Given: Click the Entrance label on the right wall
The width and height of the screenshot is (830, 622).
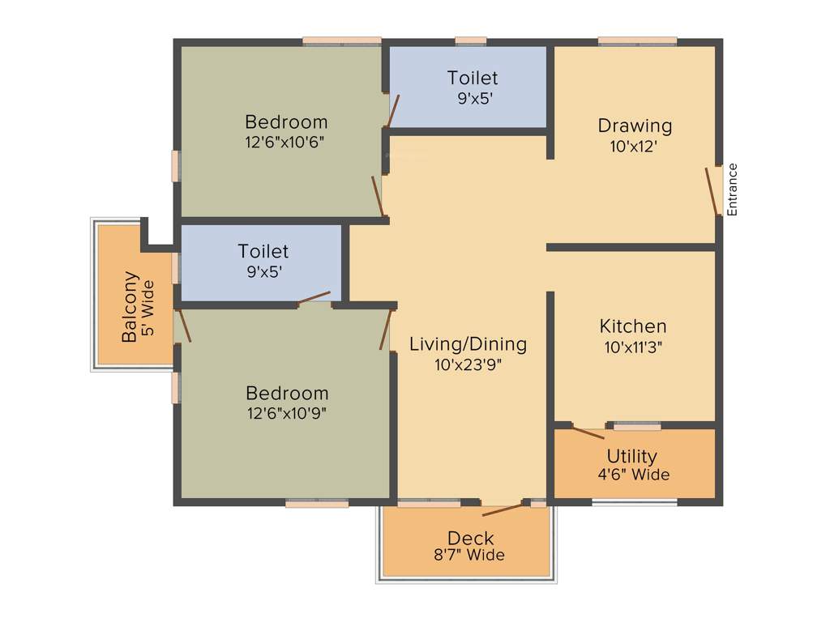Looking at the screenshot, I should (x=733, y=189).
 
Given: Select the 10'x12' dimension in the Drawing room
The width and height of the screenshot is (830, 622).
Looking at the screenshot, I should (x=633, y=147).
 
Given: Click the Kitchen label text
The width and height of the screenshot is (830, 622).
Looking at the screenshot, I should (x=633, y=326).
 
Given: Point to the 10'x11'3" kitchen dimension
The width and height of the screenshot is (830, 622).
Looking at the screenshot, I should (x=633, y=347).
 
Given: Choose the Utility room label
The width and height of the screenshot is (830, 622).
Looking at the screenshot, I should (x=631, y=456).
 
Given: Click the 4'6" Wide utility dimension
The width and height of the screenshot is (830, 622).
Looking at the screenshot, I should (x=633, y=475).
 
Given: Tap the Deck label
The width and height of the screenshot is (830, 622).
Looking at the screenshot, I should (x=470, y=538).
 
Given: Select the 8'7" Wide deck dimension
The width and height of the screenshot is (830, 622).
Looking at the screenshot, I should (x=469, y=556).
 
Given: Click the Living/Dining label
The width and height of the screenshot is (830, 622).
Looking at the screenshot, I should (x=468, y=343).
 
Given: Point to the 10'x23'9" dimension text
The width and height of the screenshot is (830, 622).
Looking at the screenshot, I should (x=468, y=364).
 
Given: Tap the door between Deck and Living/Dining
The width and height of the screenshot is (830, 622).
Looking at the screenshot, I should (x=503, y=509).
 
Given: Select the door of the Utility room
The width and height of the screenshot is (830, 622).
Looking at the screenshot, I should (x=588, y=432).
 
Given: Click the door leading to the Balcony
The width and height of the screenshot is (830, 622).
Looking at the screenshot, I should (x=184, y=325).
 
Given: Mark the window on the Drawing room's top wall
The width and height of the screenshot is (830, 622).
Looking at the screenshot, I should (x=637, y=40).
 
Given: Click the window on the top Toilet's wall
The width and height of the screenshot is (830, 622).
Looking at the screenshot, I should (x=470, y=40).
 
